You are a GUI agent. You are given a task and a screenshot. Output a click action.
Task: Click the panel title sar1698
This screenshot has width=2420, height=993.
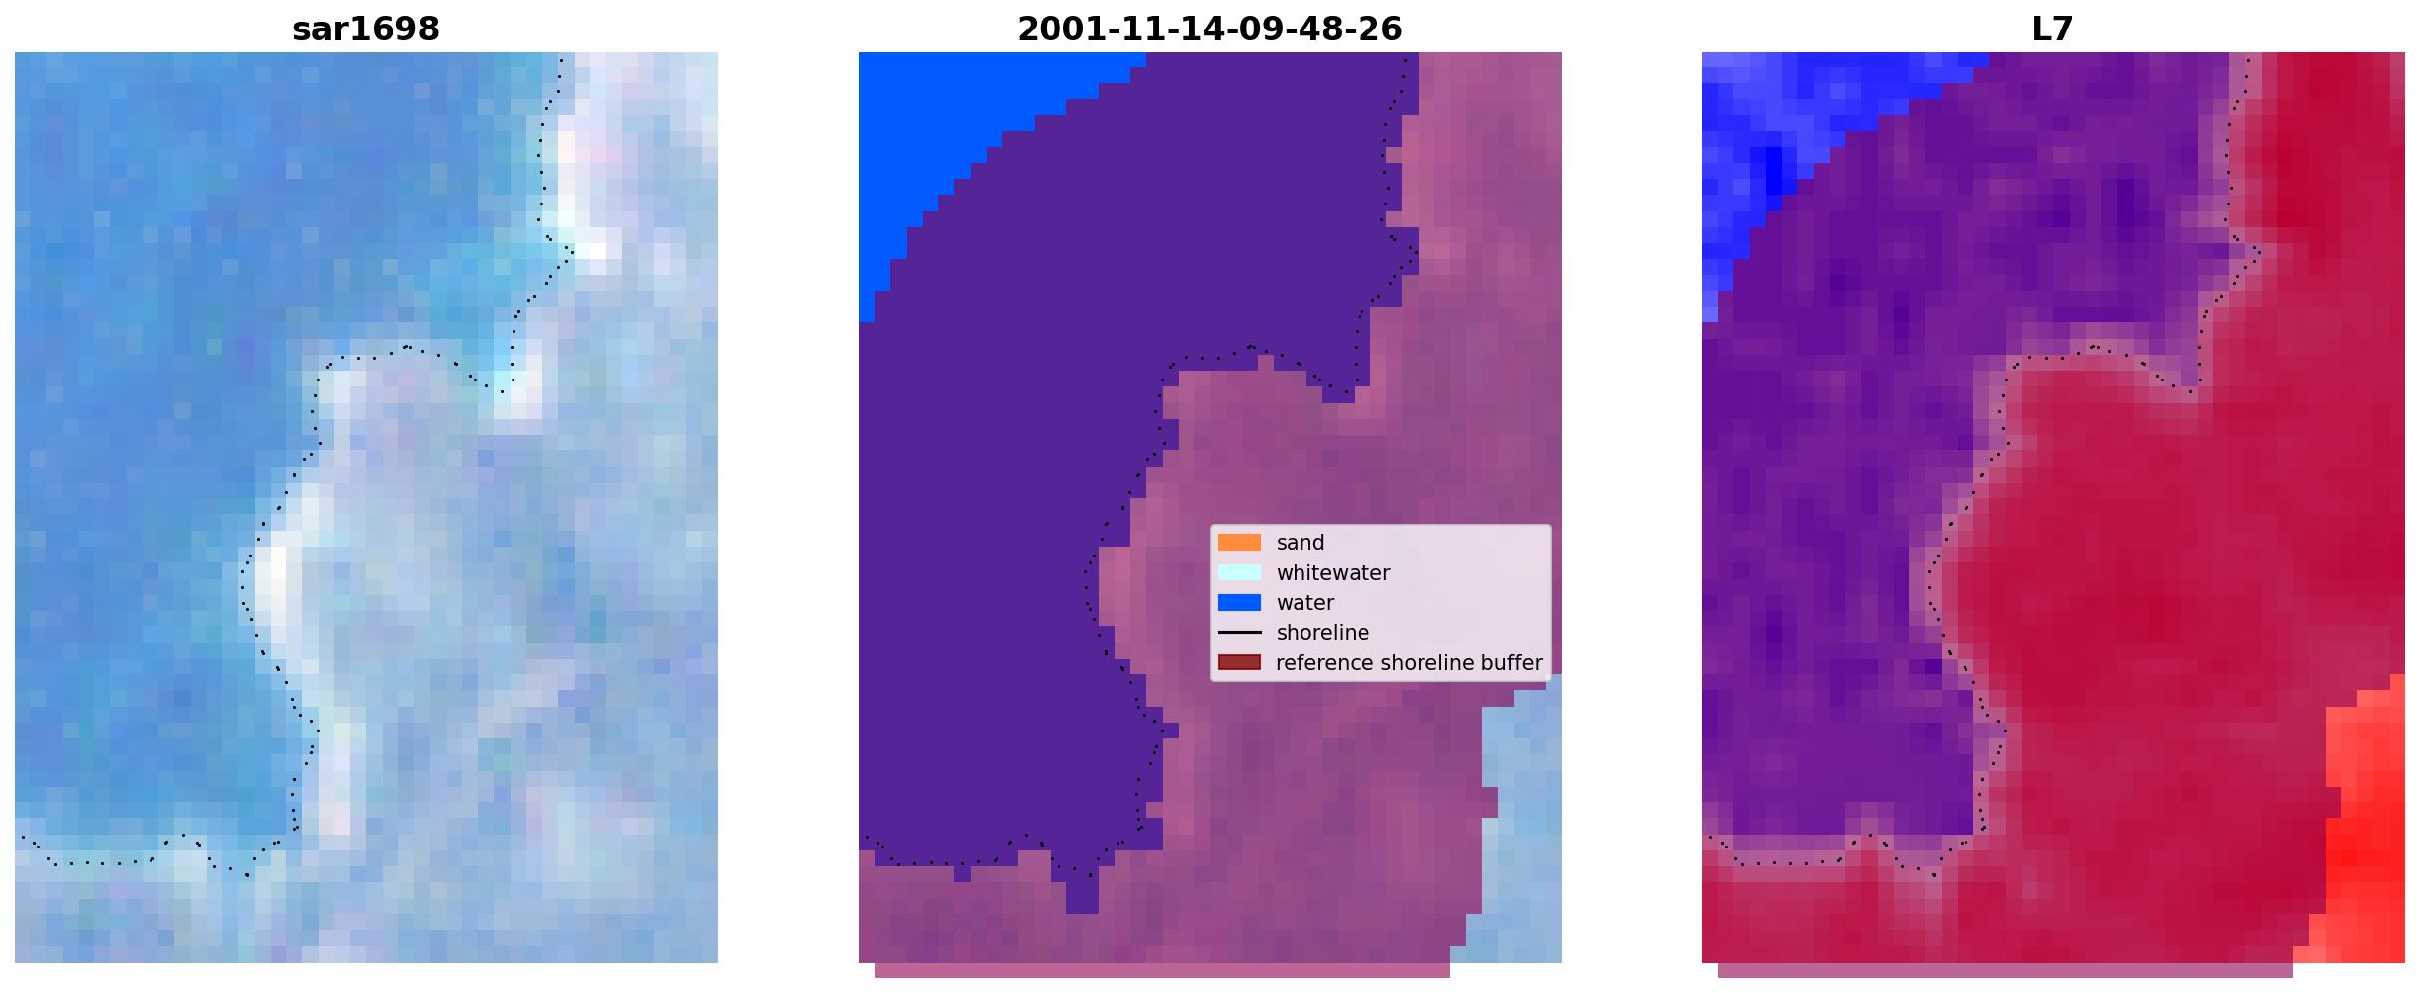coord(366,29)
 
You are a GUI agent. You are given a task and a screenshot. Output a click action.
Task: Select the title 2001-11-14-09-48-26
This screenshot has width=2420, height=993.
coord(1209,29)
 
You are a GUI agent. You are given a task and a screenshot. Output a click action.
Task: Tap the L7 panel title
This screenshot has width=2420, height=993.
coord(2052,29)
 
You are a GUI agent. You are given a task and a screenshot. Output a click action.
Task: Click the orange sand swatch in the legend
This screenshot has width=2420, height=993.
coord(1240,543)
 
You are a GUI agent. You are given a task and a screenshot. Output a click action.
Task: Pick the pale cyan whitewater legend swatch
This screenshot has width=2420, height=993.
coord(1240,572)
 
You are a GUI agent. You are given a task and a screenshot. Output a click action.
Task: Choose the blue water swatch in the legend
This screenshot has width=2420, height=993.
coord(1240,603)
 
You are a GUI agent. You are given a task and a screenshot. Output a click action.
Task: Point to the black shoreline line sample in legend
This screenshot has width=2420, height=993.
coord(1240,633)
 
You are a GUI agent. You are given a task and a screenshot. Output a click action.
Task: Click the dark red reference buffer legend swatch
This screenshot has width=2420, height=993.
coord(1240,663)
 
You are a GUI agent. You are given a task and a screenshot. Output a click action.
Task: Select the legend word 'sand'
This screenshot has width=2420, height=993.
coord(1301,543)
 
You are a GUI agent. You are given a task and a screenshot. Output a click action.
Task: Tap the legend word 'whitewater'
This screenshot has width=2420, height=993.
coord(1333,573)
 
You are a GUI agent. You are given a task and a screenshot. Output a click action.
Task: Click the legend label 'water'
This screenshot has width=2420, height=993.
coord(1305,603)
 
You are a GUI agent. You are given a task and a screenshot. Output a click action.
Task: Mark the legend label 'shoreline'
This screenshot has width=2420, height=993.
coord(1322,633)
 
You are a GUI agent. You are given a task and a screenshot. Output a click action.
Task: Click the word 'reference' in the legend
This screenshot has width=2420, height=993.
coord(1322,663)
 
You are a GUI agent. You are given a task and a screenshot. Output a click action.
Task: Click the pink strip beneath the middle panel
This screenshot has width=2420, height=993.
coord(1162,970)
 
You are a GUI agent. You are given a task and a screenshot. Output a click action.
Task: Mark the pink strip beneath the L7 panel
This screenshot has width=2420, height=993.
coord(2005,970)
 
